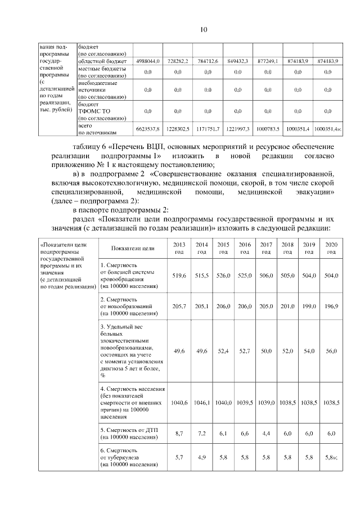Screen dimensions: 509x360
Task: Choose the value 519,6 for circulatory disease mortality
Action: (x=180, y=276)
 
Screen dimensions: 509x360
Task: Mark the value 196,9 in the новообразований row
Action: (x=331, y=306)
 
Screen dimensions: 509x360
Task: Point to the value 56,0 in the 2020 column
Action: (x=331, y=351)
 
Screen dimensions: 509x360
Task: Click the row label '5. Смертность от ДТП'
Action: (x=127, y=433)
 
